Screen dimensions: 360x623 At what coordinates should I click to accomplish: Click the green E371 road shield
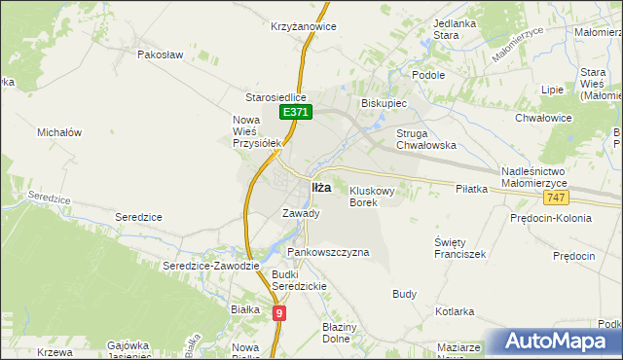297,114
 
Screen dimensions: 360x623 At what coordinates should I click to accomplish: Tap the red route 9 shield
279,312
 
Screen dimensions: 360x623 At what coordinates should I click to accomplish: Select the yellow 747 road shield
556,198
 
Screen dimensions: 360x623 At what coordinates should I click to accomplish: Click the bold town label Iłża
320,187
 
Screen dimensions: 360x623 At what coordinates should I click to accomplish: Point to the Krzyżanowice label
304,26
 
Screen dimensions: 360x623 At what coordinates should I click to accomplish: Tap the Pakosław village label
161,55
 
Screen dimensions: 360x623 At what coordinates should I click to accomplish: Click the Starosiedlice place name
275,98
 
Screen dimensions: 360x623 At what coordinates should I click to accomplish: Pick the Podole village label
428,75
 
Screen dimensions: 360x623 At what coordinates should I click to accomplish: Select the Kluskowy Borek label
372,197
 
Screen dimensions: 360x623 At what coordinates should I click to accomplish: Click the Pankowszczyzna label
328,252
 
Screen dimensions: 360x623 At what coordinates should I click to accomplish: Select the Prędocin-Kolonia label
551,218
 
